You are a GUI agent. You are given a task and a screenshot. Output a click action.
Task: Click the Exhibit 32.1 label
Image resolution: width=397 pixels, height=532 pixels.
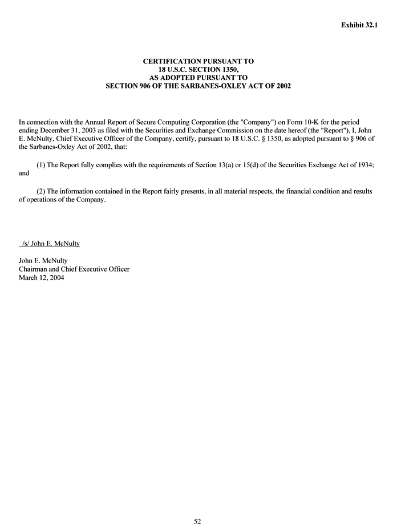[x=359, y=25]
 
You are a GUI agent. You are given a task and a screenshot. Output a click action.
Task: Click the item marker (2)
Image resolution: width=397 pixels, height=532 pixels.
[x=41, y=191]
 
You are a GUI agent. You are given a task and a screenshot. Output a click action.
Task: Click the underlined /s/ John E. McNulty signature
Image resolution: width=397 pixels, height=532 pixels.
[x=50, y=244]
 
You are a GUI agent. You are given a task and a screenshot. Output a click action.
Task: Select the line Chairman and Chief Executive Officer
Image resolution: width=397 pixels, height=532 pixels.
[x=74, y=269]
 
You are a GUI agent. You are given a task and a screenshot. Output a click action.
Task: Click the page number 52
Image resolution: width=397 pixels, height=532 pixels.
[x=198, y=521]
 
